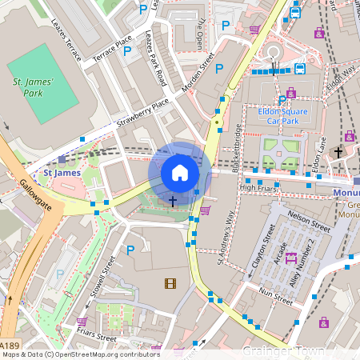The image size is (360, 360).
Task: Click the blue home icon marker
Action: [x=180, y=173]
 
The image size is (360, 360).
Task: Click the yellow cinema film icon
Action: [x=170, y=282]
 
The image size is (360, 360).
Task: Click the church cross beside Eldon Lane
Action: [x=338, y=151]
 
